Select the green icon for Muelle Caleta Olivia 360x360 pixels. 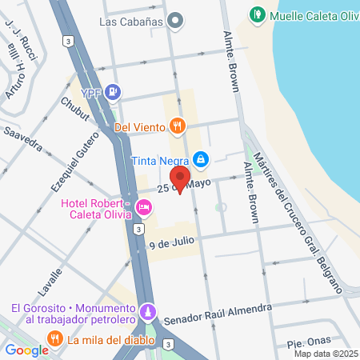[257, 14]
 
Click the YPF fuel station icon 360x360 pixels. [114, 92]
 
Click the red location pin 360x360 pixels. [181, 179]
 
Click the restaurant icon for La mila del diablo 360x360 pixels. [54, 339]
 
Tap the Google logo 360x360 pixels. [26, 350]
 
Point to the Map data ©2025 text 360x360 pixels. [326, 354]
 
